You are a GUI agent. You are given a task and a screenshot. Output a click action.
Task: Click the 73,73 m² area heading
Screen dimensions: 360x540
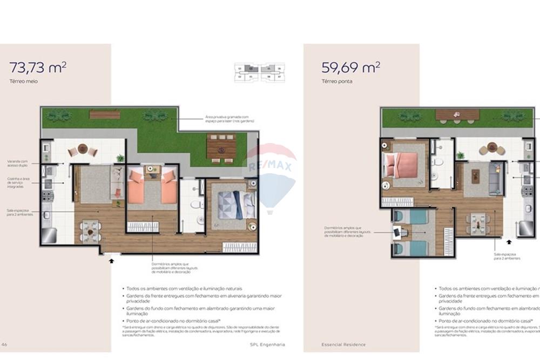(x=37, y=67)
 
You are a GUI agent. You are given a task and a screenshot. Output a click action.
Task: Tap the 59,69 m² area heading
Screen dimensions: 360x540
(x=350, y=67)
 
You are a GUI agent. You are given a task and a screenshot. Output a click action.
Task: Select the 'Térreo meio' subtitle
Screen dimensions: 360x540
(x=23, y=81)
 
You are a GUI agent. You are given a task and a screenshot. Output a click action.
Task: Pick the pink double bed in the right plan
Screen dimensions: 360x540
(x=401, y=161)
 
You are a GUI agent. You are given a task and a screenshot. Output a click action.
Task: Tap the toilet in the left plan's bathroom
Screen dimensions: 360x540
(x=195, y=205)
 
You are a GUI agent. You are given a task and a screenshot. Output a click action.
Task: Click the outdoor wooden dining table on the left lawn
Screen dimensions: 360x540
(x=221, y=146)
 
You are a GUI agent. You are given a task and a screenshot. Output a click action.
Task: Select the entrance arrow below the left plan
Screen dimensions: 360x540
(x=112, y=261)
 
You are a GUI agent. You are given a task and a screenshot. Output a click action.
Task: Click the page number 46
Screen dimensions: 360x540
(x=4, y=344)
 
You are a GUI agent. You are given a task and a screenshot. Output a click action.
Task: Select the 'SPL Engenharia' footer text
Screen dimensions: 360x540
(x=267, y=344)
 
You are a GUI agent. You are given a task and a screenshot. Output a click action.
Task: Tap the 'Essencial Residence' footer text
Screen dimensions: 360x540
(x=343, y=344)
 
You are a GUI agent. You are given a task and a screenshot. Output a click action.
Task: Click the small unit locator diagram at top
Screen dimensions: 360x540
(x=259, y=72)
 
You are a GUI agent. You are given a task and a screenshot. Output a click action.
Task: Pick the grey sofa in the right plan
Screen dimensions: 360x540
(x=494, y=178)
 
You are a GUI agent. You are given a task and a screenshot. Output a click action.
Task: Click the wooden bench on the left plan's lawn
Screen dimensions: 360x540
(x=105, y=114)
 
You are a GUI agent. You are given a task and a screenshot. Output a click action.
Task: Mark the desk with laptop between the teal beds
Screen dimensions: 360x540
(x=399, y=233)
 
